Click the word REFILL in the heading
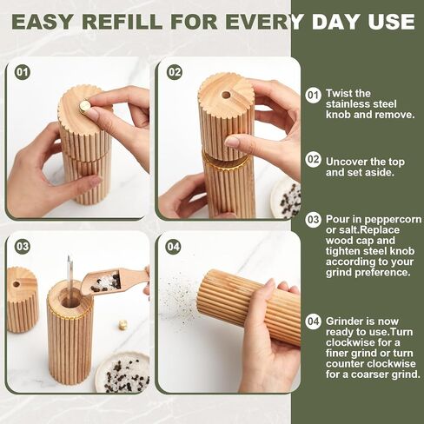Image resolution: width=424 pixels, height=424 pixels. (x=122, y=22)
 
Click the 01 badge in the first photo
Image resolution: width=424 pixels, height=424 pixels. (x=23, y=72)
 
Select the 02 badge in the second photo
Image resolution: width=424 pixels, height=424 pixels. (x=175, y=72)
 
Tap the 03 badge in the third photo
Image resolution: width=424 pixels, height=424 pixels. (x=23, y=247)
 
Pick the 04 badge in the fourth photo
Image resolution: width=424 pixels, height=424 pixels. (x=173, y=247)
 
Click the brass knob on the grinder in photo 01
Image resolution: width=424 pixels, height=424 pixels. (x=84, y=107)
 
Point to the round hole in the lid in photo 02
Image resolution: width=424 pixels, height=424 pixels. (x=226, y=95)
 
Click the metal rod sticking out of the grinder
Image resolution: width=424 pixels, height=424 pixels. (x=70, y=278)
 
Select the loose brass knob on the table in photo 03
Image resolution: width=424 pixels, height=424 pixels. (x=123, y=324)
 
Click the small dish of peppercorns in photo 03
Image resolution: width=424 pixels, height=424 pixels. (x=123, y=373)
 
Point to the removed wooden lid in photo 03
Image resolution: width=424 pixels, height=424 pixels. (x=22, y=300)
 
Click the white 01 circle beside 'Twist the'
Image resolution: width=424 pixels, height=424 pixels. (x=313, y=95)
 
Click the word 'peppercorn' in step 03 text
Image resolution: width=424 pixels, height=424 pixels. (x=374, y=220)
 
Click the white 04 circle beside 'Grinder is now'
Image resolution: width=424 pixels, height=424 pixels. (x=313, y=321)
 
